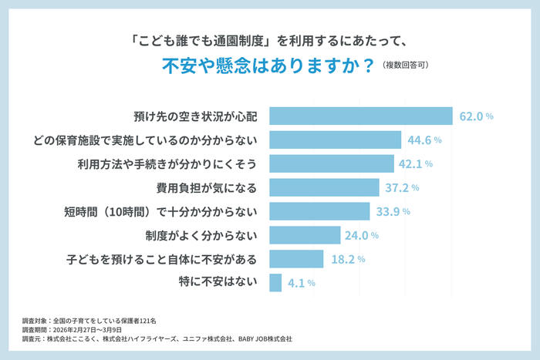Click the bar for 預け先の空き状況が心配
click(x=360, y=116)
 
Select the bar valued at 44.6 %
click(x=335, y=140)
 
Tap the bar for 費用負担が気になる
click(x=324, y=187)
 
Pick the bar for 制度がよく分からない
click(x=305, y=235)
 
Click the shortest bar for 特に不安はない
click(x=275, y=283)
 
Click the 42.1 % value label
click(x=417, y=164)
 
